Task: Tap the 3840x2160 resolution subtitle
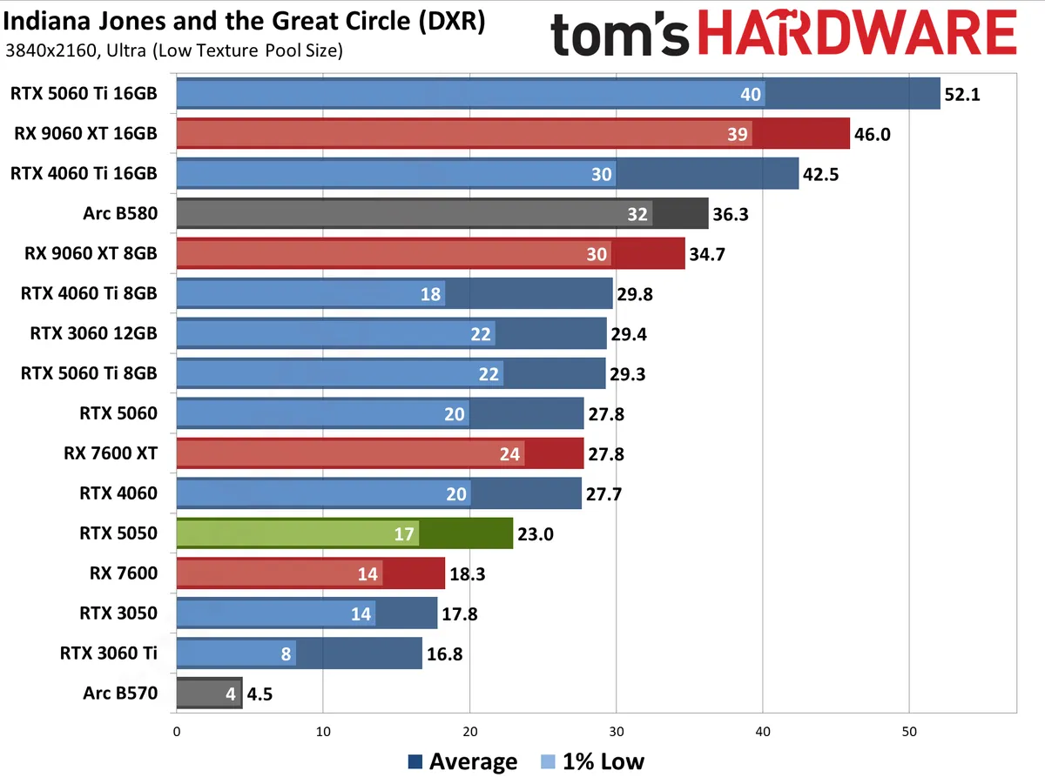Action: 173,50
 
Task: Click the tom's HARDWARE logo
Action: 783,35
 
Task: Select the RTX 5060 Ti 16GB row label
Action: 84,93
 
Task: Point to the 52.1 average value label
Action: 963,94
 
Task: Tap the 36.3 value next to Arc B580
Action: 730,214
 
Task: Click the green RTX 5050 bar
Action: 344,533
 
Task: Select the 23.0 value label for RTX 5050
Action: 536,534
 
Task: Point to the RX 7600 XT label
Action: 111,453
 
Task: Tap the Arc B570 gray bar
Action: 209,694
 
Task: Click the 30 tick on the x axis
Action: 616,732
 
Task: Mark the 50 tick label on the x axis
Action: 909,732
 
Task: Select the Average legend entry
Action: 462,762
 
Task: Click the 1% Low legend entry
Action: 592,762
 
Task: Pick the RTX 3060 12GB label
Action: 93,333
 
